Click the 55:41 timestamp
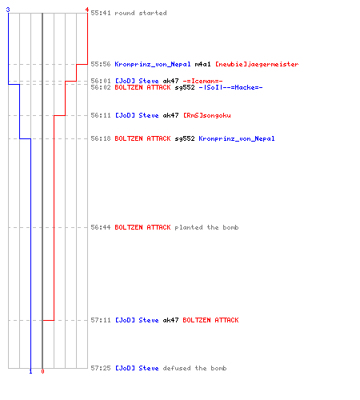[101, 13]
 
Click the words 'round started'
[141, 13]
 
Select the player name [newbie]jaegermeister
[257, 64]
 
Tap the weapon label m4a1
[202, 64]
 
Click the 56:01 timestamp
[101, 81]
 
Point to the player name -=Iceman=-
[202, 81]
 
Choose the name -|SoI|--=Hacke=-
[230, 87]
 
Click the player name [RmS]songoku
[207, 115]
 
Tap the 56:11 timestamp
[101, 115]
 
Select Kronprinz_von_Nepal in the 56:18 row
[237, 138]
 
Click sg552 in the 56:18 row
[185, 138]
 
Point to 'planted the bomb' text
[206, 227]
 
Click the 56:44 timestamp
[101, 227]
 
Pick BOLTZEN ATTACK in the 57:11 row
[210, 320]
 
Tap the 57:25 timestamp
[101, 368]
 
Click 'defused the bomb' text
[194, 368]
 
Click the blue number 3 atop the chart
[8, 10]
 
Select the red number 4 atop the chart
[87, 10]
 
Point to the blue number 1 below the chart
[30, 371]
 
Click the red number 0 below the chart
[42, 371]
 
